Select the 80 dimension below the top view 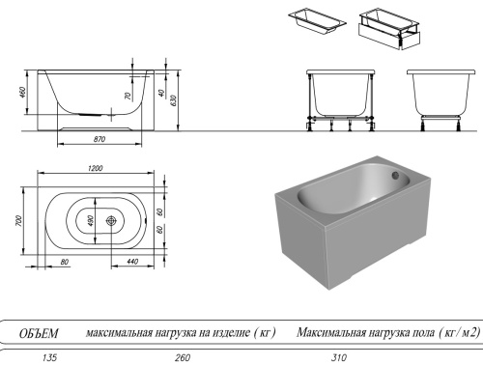(x=63, y=262)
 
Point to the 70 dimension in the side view (x=128, y=98)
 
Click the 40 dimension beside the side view (x=160, y=94)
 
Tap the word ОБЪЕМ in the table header (x=40, y=333)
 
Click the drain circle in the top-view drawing (x=113, y=220)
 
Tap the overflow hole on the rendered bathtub (x=394, y=175)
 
